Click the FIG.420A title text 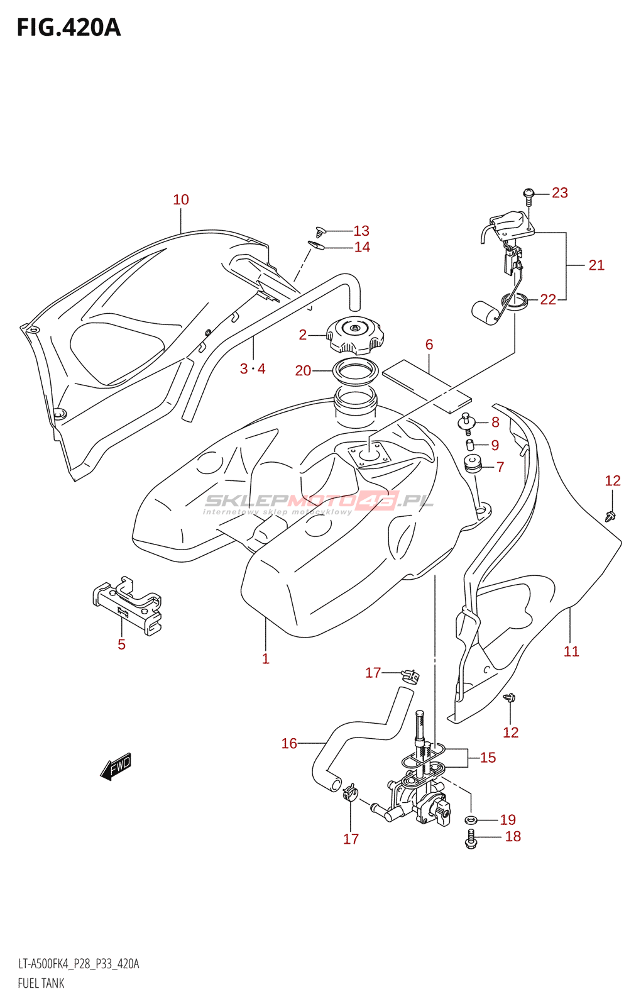pos(68,28)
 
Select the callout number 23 pos(560,193)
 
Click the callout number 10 pos(181,200)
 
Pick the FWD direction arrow pos(116,766)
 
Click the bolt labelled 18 pos(471,838)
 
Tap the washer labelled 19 pos(471,820)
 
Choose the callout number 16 pos(289,744)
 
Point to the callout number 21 pos(596,265)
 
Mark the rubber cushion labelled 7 pos(472,465)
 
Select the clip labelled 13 pos(321,232)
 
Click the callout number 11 pos(571,652)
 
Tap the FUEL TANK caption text pos(41,983)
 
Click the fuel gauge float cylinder pos(485,311)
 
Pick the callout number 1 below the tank pos(266,659)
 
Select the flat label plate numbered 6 pos(426,385)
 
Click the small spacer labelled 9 pos(469,446)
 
